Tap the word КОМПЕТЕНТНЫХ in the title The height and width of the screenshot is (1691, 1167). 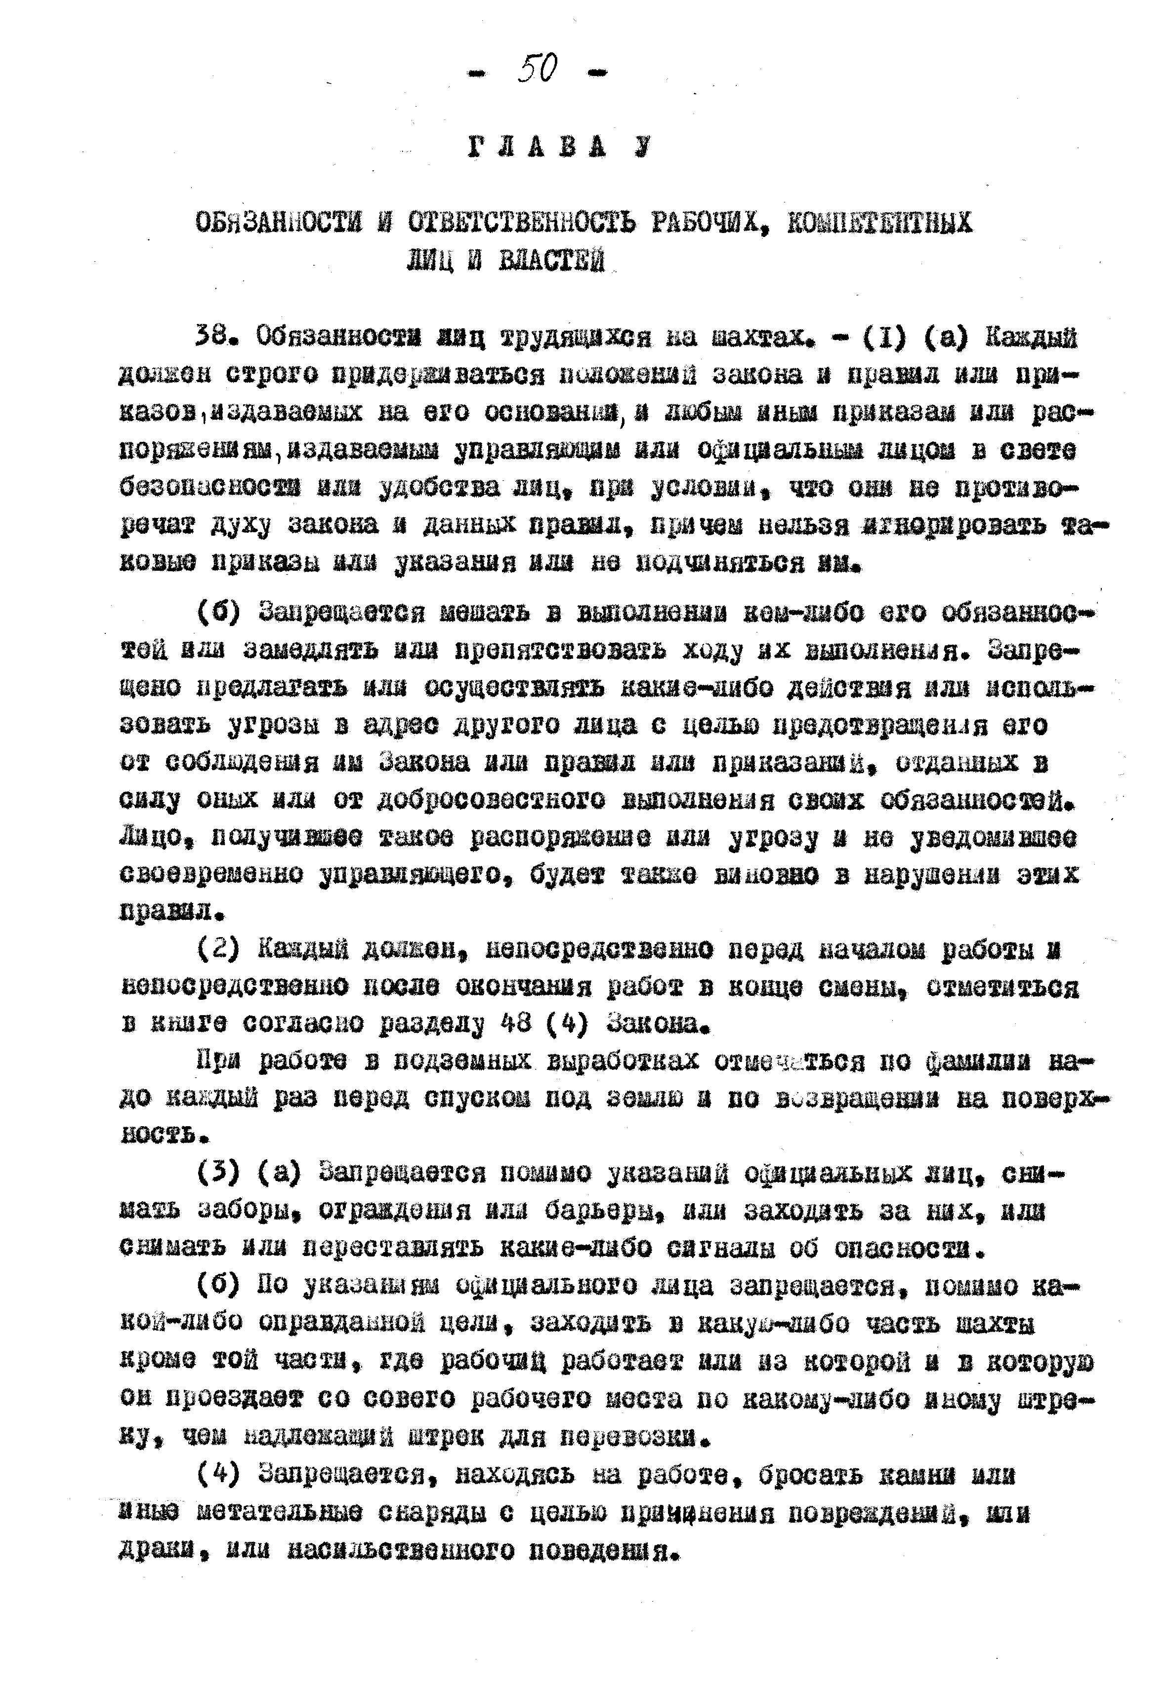(879, 222)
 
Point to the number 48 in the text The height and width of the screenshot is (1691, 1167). (518, 1023)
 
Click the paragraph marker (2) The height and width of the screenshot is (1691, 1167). (219, 948)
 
